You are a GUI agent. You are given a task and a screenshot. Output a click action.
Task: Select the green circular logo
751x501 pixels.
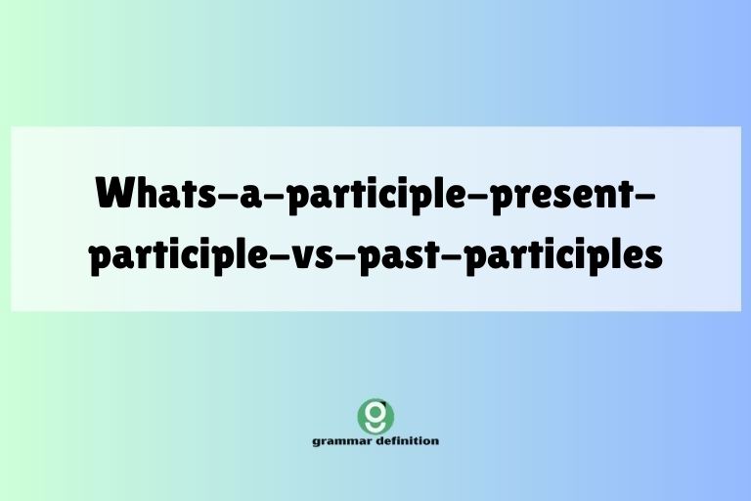(x=375, y=415)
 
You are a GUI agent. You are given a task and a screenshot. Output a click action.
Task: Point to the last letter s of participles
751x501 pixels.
(x=654, y=256)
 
